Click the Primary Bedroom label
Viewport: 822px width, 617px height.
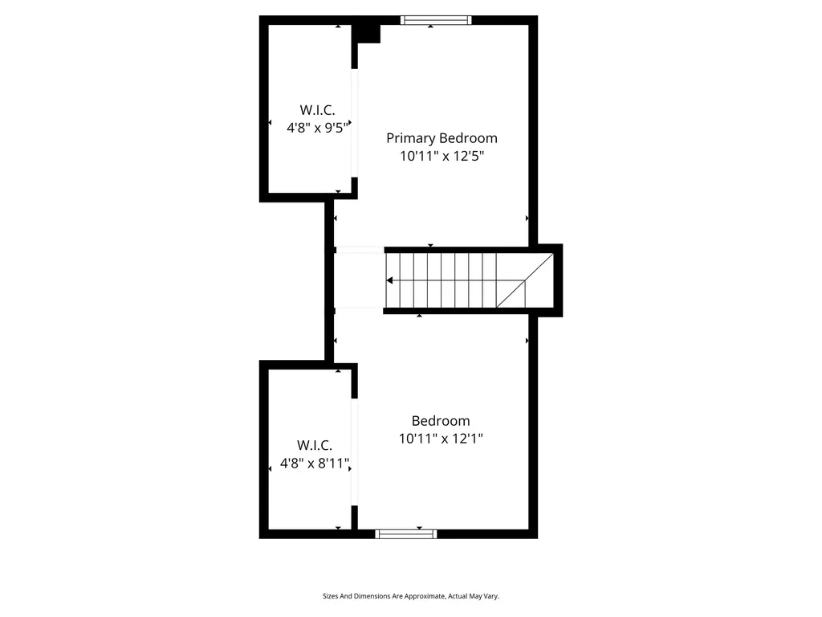coord(442,138)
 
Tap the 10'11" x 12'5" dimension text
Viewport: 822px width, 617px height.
coord(442,157)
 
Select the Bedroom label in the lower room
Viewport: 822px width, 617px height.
coord(441,421)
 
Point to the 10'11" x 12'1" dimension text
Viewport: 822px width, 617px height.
coord(441,439)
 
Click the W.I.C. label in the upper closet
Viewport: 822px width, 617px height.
coord(317,109)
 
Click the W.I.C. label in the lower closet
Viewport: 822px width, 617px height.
coord(315,445)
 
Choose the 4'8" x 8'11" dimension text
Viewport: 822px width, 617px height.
coord(315,463)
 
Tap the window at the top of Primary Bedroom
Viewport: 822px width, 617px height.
coord(435,20)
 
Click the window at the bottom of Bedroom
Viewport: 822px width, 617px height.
coord(406,533)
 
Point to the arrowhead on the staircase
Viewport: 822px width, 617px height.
coord(390,280)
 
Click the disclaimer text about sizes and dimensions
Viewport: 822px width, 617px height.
coord(410,596)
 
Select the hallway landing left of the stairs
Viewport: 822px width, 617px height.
coord(358,280)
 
